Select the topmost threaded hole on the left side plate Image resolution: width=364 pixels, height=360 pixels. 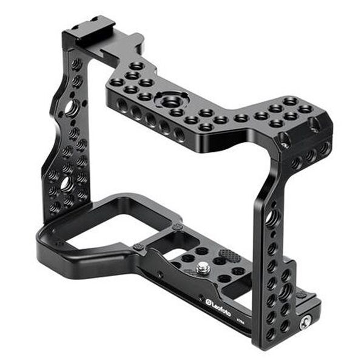pos(76,63)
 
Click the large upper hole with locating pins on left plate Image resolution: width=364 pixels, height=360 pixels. pos(71,108)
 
